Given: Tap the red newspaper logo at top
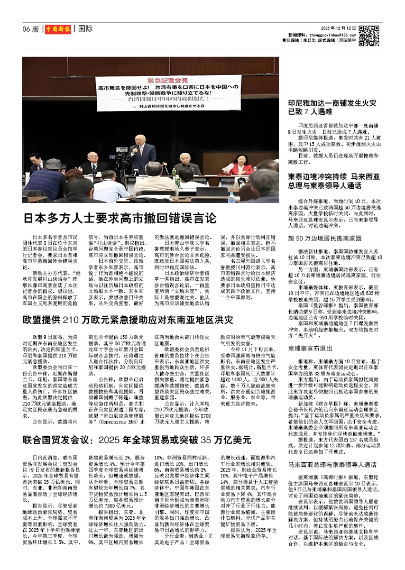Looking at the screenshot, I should [58, 29].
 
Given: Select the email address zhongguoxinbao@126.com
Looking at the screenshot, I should [328, 33].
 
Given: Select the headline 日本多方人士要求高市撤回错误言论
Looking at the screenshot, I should [119, 217].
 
